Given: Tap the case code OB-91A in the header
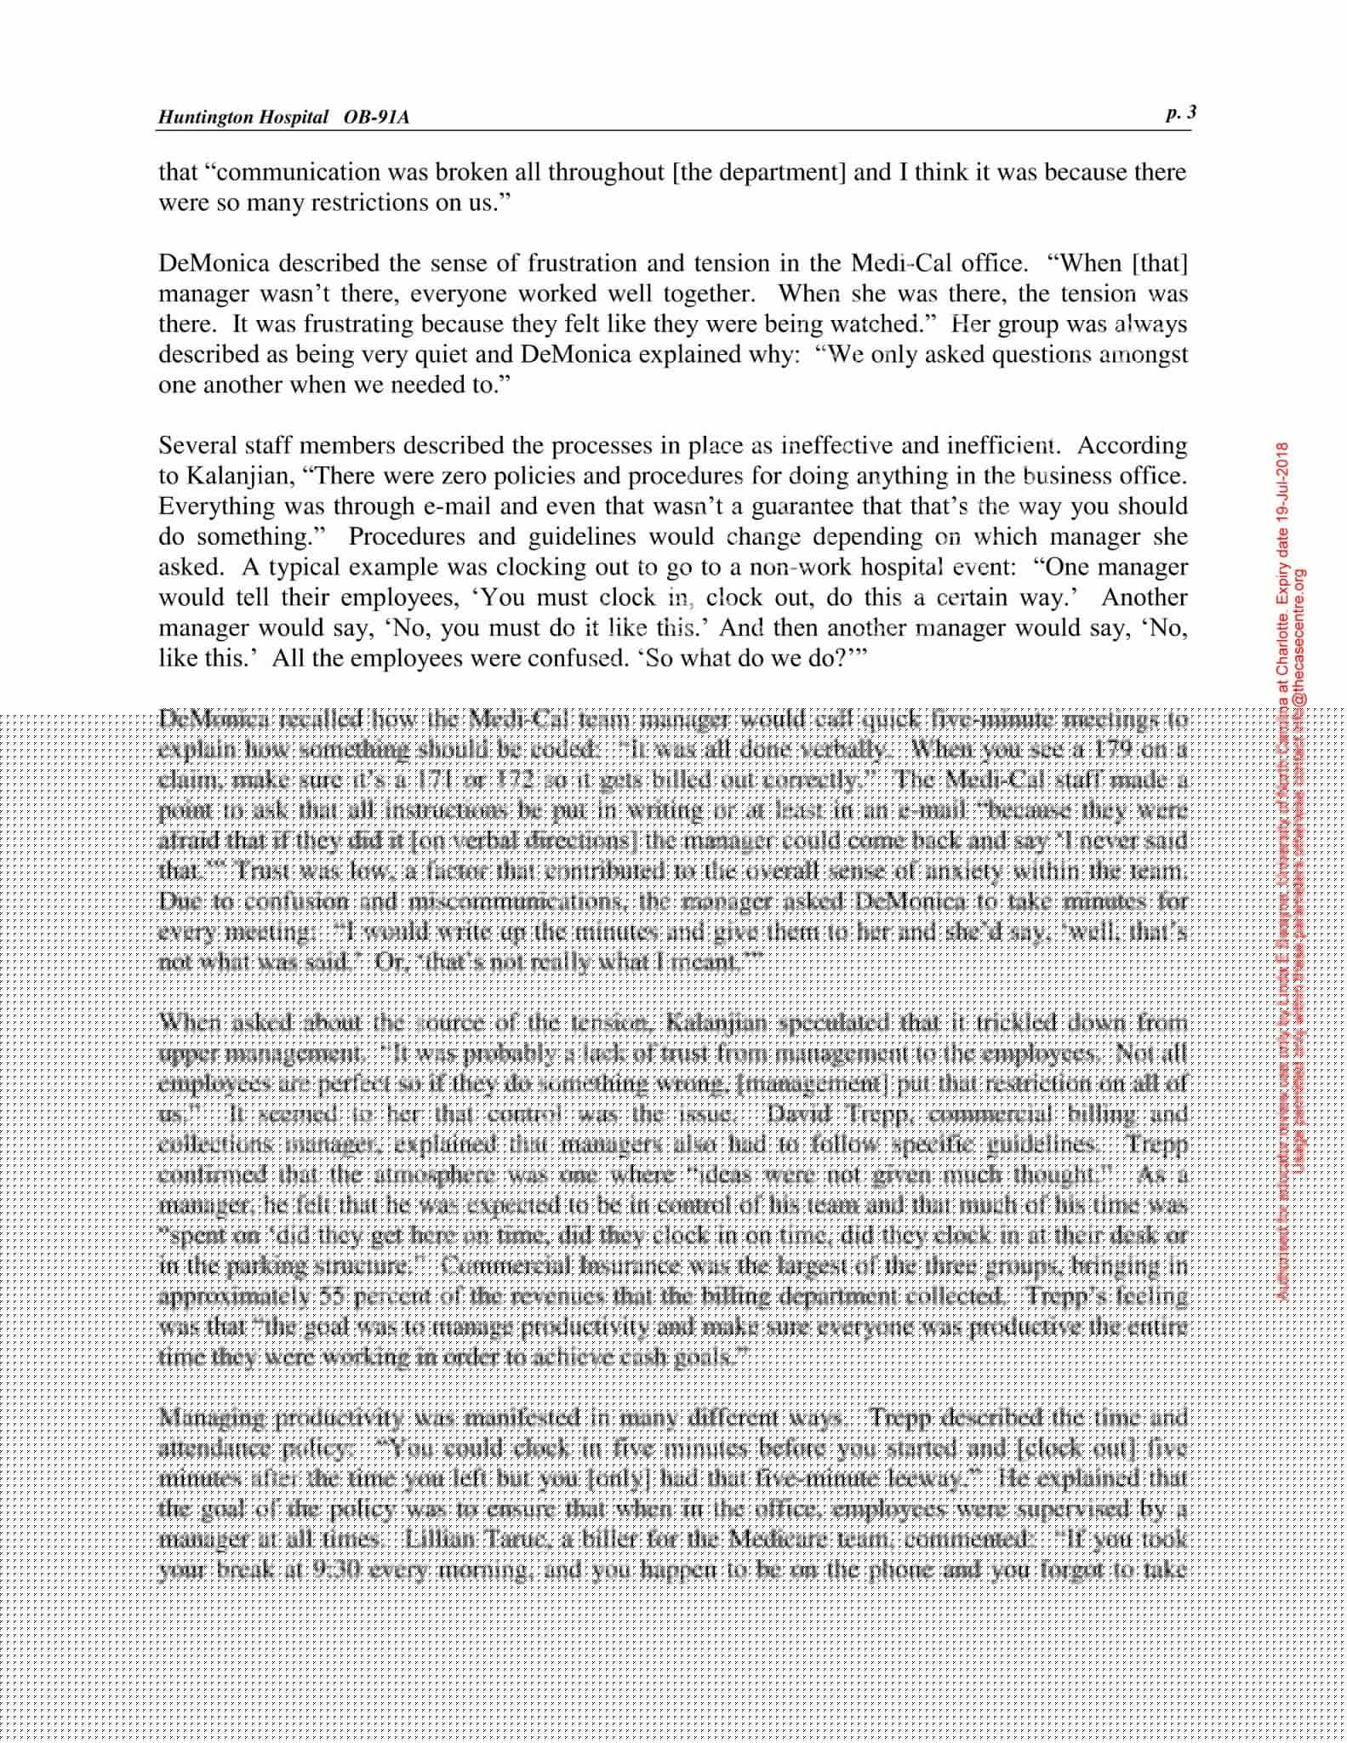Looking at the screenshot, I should point(377,117).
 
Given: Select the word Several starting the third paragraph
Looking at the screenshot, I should point(199,445).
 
